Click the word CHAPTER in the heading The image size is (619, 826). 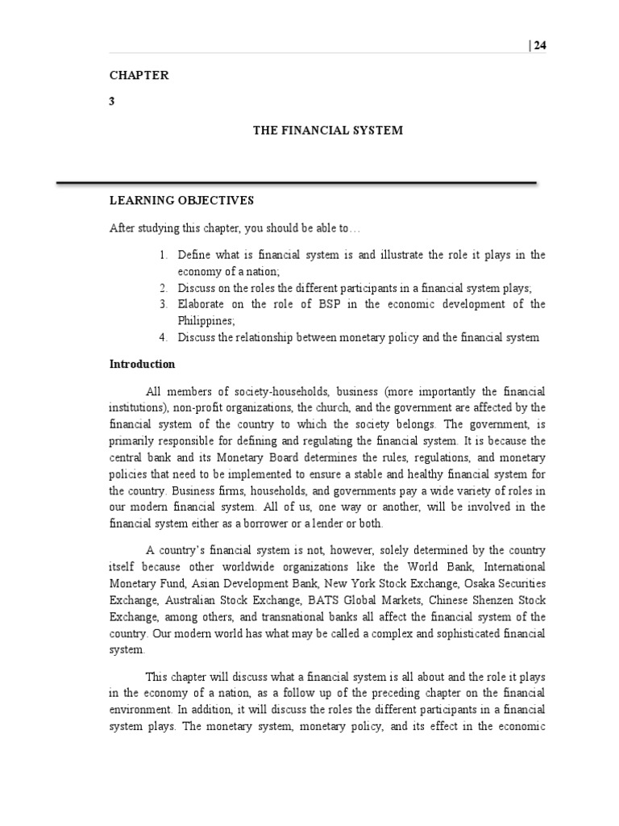click(139, 75)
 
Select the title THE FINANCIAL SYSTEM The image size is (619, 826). click(328, 130)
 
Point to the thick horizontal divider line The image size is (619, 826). click(296, 183)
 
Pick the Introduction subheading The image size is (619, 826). click(142, 364)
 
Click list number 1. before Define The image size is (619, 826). click(163, 255)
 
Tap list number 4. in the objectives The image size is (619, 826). click(163, 337)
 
